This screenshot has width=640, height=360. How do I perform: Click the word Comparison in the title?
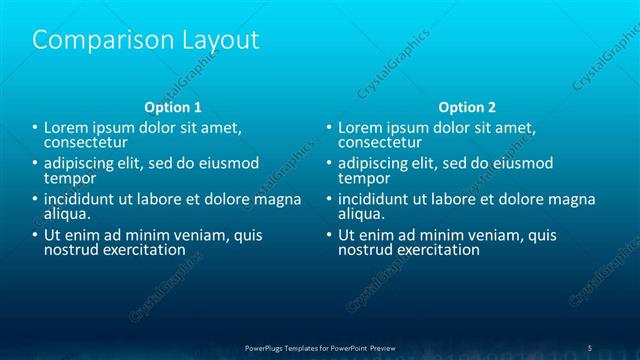91,41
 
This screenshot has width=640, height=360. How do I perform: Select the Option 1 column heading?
173,106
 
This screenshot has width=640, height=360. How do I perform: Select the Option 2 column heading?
467,106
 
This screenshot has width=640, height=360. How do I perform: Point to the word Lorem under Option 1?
66,128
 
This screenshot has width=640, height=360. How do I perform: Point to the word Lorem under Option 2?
360,128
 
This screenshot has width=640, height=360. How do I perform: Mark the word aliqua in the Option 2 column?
362,213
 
